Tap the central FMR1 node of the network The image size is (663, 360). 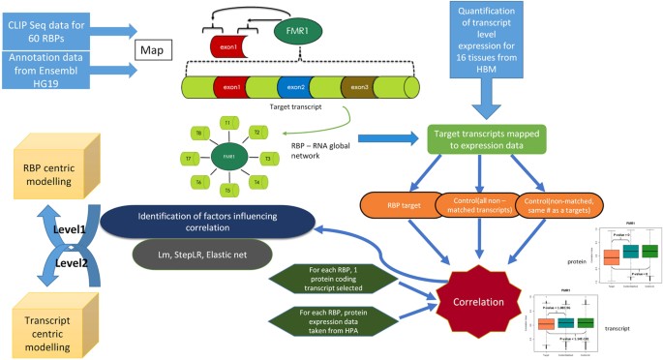coord(228,156)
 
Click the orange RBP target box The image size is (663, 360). coord(397,205)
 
